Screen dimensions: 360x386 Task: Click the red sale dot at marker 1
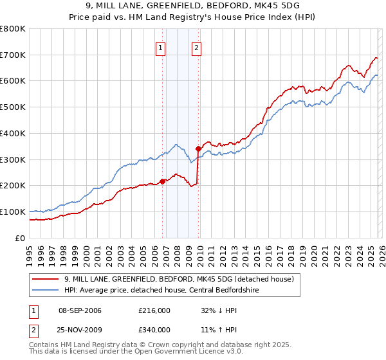(x=162, y=181)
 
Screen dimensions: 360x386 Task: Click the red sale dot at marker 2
(x=198, y=148)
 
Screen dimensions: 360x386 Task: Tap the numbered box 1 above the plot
(x=160, y=46)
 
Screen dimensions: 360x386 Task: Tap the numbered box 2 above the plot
(x=196, y=46)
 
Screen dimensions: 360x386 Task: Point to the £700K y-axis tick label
(x=13, y=55)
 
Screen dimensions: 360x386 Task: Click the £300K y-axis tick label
(x=13, y=159)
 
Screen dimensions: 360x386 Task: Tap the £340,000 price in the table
(x=154, y=330)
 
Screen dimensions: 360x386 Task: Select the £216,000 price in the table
(x=154, y=310)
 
